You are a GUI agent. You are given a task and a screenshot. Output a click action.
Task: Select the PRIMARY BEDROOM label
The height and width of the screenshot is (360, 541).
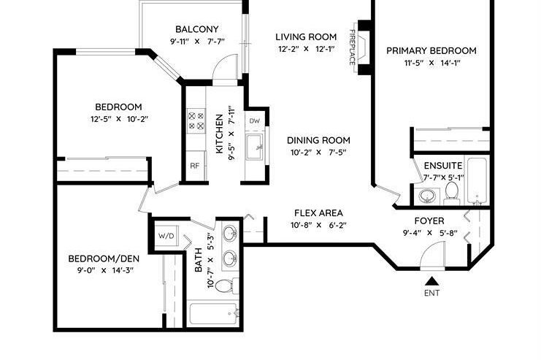[x=431, y=50]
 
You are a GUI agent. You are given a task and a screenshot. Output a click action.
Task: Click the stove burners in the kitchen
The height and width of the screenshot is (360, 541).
[x=195, y=120]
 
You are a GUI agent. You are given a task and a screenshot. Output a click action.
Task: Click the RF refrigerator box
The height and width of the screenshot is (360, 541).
[x=195, y=166]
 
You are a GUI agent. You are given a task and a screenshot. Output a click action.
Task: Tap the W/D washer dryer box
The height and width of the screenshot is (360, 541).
[x=165, y=236]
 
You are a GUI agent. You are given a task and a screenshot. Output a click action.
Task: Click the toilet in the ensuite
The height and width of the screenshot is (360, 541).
[x=451, y=193]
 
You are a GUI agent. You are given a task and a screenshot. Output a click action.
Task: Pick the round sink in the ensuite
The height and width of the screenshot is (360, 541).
[x=427, y=196]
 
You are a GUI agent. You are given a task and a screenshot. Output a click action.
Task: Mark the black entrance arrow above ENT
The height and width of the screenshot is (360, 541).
[x=432, y=280]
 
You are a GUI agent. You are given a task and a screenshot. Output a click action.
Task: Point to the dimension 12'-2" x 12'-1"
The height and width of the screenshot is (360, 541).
[x=305, y=49]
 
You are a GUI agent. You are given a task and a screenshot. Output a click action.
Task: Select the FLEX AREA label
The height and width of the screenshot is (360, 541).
[x=318, y=213]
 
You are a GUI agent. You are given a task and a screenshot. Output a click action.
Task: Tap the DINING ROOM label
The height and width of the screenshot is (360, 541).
[x=318, y=140]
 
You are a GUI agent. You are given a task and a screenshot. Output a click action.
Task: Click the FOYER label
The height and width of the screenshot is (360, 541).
[x=429, y=221]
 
